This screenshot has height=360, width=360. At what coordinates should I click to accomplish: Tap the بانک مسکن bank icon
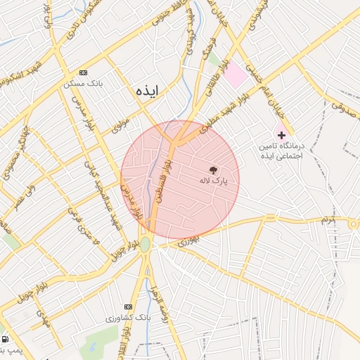[83, 72]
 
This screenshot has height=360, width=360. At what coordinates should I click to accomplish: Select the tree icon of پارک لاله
[212, 169]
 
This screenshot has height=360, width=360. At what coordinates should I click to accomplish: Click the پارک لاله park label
[212, 181]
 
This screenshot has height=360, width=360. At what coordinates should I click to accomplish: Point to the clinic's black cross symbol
[281, 134]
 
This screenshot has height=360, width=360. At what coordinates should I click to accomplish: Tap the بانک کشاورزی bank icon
[128, 307]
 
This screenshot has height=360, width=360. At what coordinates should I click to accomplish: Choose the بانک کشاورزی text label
[114, 318]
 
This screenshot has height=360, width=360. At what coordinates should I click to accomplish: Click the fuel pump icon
[6, 339]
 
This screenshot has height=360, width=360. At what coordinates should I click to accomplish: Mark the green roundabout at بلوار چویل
[145, 244]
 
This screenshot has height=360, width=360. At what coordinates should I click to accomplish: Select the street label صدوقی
[344, 108]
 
